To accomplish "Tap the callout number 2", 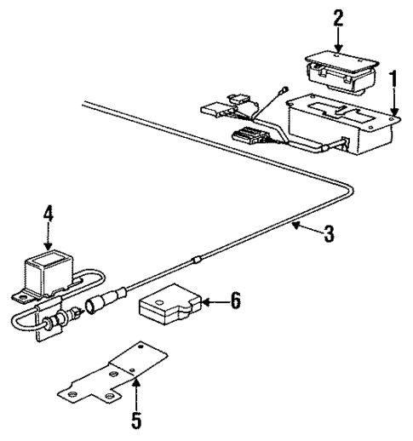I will pos(338,16).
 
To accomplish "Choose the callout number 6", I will pos(235,301).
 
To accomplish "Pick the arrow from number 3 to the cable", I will pos(302,227).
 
